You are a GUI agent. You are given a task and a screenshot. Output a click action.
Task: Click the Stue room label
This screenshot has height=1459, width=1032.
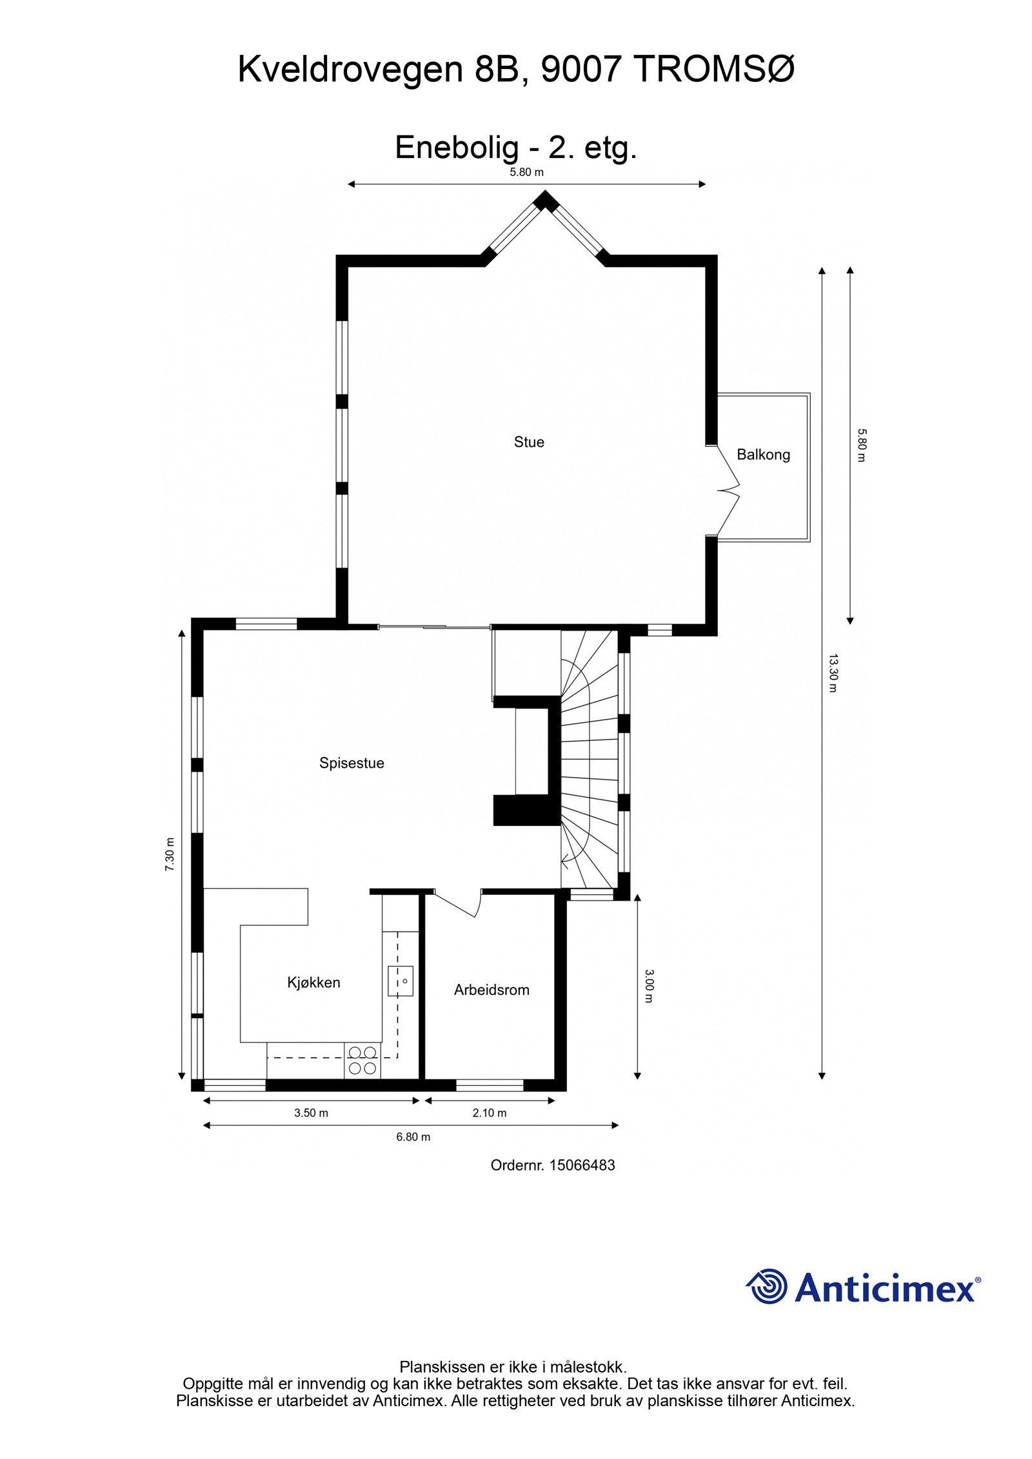[x=528, y=442]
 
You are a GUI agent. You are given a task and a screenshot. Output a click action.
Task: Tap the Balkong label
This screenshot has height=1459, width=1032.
[x=763, y=455]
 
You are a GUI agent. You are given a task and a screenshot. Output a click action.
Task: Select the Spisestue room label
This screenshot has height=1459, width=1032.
[x=352, y=763]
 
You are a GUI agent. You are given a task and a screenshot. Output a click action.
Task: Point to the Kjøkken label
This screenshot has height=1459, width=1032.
[x=313, y=983]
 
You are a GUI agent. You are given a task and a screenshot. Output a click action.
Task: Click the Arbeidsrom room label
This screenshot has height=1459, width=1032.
[x=491, y=990]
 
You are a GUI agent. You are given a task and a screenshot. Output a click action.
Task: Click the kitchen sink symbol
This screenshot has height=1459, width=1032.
[x=400, y=981]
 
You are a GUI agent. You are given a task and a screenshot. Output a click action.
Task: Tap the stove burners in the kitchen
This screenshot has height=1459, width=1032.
[x=362, y=1061]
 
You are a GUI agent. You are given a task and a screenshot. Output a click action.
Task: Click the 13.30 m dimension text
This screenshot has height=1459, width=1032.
[x=832, y=673]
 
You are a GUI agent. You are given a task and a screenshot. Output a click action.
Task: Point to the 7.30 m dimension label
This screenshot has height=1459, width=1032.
[x=170, y=854]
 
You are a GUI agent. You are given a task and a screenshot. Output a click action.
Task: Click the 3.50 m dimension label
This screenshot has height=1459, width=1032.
[x=311, y=1113]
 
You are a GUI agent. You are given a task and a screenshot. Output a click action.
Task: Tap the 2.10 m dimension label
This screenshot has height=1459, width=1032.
[x=490, y=1113]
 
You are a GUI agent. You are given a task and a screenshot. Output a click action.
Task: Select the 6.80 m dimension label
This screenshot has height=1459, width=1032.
[x=413, y=1137]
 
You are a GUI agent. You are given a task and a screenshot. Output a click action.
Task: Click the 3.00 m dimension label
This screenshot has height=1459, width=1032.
[x=650, y=986]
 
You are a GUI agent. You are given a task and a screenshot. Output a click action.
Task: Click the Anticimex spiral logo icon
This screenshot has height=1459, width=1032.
[x=767, y=1286]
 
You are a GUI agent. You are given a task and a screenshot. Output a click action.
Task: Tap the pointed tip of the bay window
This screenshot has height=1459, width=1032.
[x=546, y=196]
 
